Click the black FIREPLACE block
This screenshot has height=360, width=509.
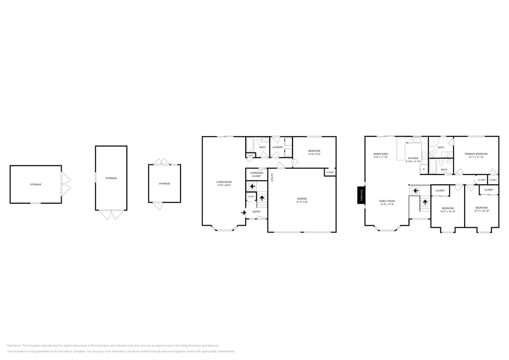[x=361, y=195]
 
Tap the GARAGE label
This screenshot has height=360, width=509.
[x=302, y=198]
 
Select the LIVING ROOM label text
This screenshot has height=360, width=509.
[x=224, y=182]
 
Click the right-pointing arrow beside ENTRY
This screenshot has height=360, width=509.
[x=243, y=212]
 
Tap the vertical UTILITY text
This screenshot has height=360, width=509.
[x=272, y=178]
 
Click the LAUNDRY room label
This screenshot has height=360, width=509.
[x=278, y=147]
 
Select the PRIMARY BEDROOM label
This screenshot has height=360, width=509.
[x=476, y=154]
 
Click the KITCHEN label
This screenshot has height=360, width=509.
[x=413, y=158]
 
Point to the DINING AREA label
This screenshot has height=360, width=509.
[x=381, y=154]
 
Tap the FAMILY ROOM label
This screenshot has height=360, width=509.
[x=387, y=201]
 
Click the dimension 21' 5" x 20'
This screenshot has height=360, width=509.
[x=302, y=202]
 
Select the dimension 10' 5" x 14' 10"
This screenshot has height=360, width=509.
[x=448, y=211]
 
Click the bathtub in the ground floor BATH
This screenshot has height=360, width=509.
[x=250, y=144]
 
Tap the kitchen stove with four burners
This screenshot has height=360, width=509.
[x=424, y=156]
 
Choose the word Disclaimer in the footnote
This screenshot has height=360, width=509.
[x=14, y=346]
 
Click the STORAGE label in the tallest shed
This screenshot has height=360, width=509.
[x=111, y=178]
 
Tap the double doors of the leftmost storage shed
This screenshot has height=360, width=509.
[x=66, y=184]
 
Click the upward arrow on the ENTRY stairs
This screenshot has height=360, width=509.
[x=262, y=198]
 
